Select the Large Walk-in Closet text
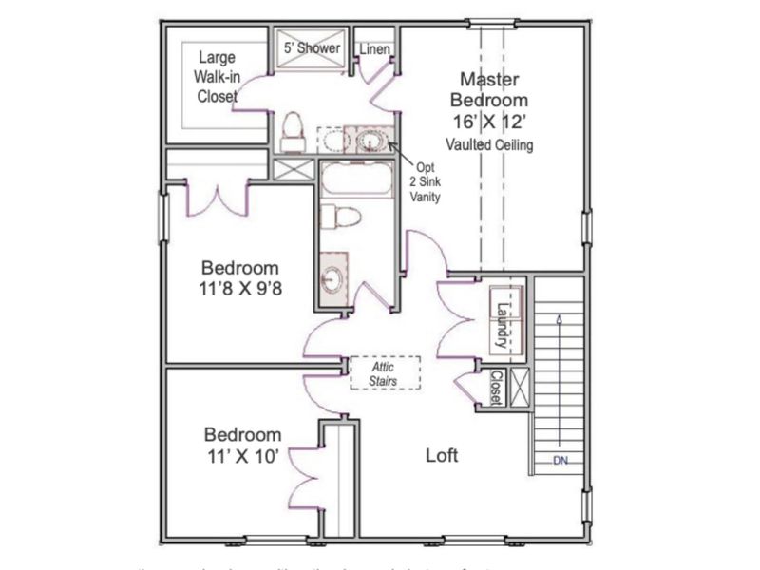click(x=217, y=77)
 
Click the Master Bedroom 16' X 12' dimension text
click(x=489, y=121)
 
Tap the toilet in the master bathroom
click(x=293, y=131)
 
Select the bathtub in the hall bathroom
click(x=355, y=179)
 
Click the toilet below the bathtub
click(x=340, y=217)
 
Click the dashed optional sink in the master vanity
click(x=332, y=141)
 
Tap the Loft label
click(x=441, y=455)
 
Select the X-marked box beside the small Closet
click(x=520, y=387)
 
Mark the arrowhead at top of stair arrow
click(x=559, y=321)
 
